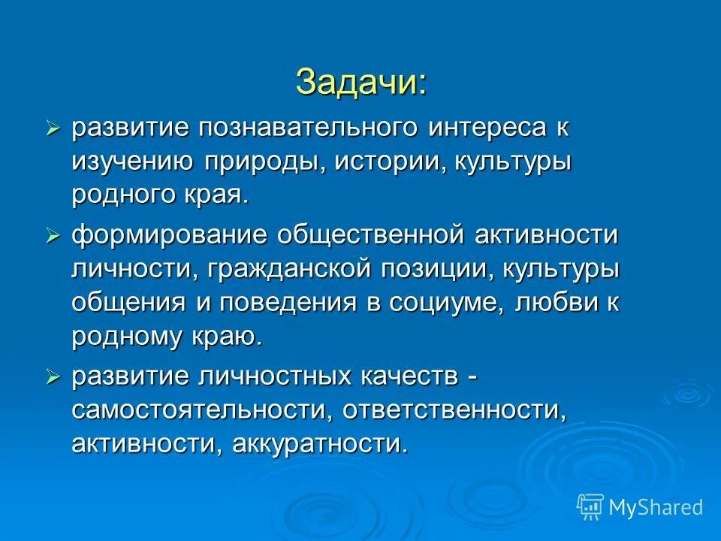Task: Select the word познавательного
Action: [297, 128]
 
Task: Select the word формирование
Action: [169, 235]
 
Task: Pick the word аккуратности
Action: [320, 443]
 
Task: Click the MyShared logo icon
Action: [590, 506]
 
